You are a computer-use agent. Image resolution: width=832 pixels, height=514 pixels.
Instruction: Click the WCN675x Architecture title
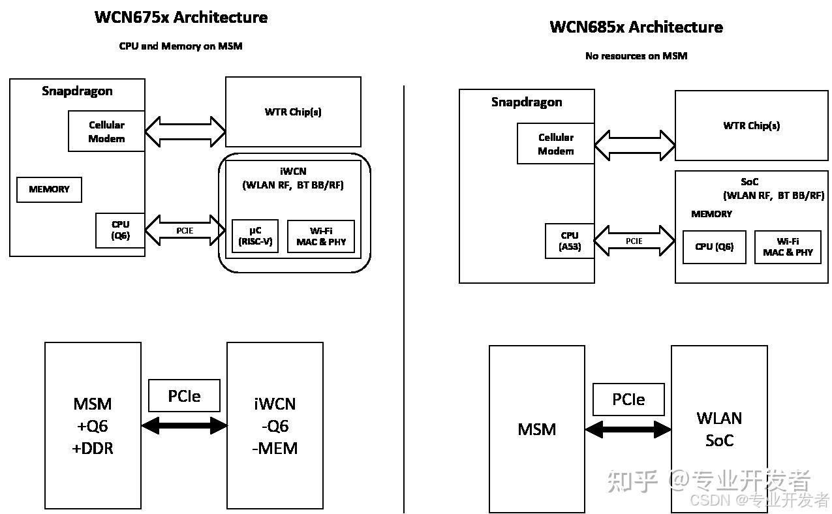coord(181,18)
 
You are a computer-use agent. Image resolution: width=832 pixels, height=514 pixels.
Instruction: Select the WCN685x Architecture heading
coord(636,27)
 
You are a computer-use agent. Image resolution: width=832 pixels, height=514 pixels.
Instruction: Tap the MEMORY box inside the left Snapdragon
coord(49,189)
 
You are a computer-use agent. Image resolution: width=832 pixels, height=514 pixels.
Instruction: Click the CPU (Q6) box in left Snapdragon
coord(120,230)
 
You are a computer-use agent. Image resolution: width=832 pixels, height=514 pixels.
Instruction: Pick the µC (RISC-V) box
coord(255,236)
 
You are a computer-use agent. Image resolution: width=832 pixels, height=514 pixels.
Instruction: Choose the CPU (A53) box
coord(570,241)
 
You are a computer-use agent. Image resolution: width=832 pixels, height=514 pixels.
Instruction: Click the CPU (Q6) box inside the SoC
coord(714,247)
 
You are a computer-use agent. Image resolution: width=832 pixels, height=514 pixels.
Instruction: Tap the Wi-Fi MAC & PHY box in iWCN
coord(321,236)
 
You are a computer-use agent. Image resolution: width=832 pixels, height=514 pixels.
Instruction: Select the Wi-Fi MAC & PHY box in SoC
coord(787,247)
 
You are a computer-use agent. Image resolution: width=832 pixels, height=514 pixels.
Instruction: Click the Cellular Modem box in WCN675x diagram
coord(106,132)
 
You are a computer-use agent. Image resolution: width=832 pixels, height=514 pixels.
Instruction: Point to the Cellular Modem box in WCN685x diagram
coord(556,144)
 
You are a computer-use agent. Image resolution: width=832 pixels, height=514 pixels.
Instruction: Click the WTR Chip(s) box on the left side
coord(293,112)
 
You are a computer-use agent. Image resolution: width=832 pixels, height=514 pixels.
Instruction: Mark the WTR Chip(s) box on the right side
coord(751,126)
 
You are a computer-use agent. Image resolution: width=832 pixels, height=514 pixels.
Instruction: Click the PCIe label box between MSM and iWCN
coord(184,396)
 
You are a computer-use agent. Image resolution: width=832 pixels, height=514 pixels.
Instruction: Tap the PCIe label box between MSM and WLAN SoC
coord(628,399)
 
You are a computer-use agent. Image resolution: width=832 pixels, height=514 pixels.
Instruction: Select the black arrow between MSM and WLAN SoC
coord(628,429)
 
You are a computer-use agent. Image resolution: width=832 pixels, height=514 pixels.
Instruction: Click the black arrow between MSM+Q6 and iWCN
coord(184,426)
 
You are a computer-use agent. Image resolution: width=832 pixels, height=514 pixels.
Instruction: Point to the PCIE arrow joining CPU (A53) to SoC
coord(634,241)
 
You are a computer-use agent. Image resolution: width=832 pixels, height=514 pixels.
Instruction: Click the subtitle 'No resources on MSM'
coord(636,56)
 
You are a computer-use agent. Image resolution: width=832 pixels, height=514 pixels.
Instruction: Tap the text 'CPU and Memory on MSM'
coord(181,46)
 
